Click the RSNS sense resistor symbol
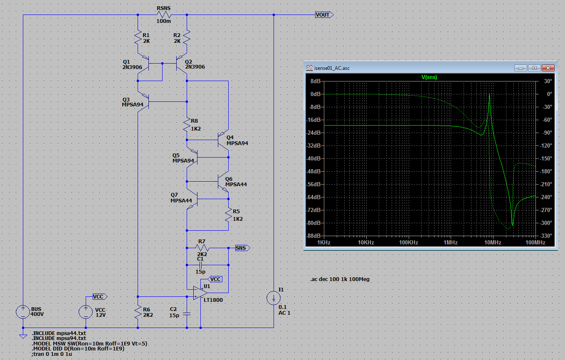click(164, 15)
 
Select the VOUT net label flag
click(324, 15)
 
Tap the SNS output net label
click(242, 248)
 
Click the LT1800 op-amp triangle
click(200, 293)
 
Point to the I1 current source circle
click(274, 298)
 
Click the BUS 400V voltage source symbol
click(23, 312)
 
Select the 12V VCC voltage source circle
click(86, 312)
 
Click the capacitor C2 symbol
click(187, 314)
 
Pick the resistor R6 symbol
click(138, 312)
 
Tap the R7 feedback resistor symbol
click(202, 248)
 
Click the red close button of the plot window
click(548, 68)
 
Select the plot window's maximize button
click(534, 68)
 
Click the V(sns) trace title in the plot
click(429, 77)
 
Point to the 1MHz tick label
click(451, 242)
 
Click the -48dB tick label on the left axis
click(313, 171)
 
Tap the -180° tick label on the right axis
click(546, 171)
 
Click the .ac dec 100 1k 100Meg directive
click(340, 279)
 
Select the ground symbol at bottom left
click(23, 336)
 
